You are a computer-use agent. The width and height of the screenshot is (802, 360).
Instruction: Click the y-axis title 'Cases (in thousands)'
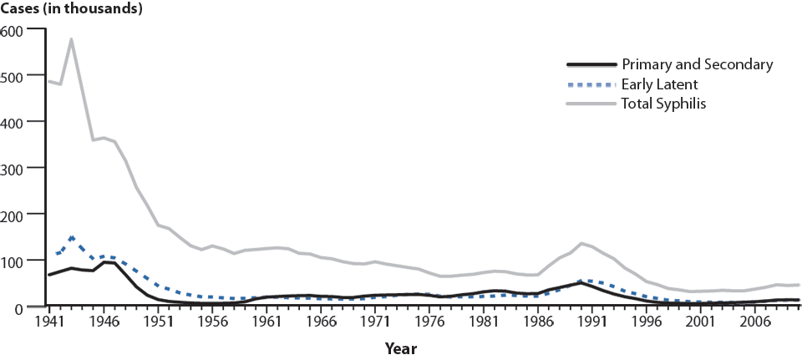(71, 9)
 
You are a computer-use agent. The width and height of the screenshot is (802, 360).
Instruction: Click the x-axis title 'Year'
(401, 347)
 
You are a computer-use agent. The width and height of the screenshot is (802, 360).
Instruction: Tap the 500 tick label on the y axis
(13, 76)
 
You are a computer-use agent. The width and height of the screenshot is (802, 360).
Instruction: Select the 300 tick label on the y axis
(13, 168)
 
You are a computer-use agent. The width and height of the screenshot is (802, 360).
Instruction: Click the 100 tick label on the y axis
(13, 261)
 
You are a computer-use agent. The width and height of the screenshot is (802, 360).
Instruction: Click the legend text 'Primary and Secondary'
(697, 64)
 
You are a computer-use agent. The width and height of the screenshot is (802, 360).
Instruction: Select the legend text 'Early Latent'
(659, 84)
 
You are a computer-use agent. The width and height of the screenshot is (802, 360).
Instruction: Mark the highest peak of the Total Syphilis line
(71, 39)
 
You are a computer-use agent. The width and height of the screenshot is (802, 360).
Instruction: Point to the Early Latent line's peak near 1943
(72, 237)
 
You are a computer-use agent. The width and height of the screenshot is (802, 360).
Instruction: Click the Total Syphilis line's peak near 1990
(581, 243)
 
